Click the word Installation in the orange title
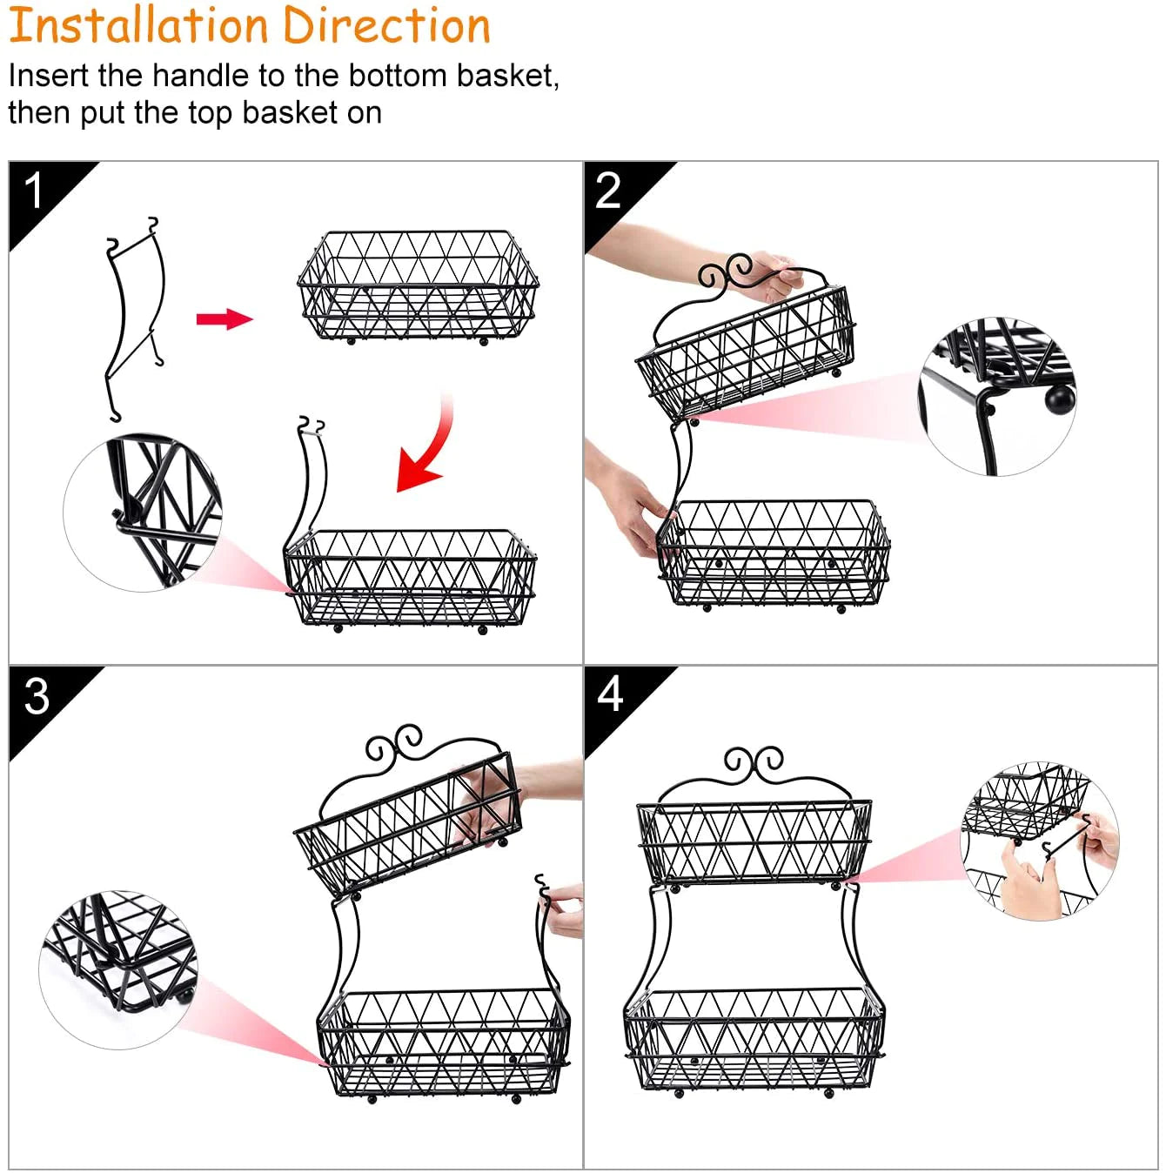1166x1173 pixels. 139,25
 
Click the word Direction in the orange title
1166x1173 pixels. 386,25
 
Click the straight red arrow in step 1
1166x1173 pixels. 224,318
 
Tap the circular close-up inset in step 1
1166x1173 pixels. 143,513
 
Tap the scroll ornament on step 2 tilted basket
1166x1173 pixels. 725,271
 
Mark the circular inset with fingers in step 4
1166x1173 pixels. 1039,841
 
